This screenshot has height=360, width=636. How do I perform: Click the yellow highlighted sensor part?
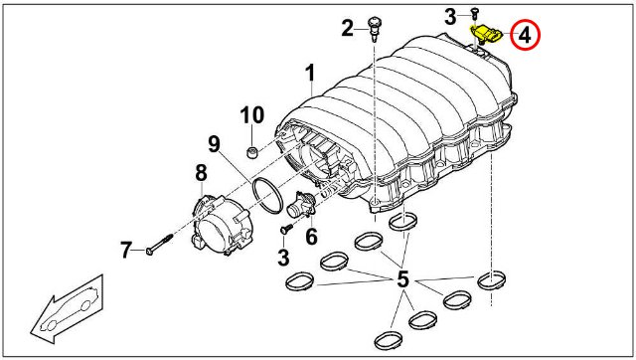pyautogui.click(x=486, y=34)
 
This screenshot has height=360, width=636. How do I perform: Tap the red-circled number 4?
pyautogui.click(x=525, y=36)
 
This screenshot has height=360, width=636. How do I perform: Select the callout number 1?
pyautogui.click(x=310, y=74)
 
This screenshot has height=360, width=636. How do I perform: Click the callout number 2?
pyautogui.click(x=347, y=29)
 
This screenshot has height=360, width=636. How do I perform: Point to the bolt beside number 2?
pyautogui.click(x=373, y=28)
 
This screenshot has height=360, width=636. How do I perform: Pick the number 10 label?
pyautogui.click(x=252, y=114)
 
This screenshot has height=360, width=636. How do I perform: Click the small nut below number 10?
pyautogui.click(x=252, y=153)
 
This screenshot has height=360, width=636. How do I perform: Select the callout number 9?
pyautogui.click(x=214, y=144)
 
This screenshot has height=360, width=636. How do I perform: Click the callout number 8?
pyautogui.click(x=201, y=173)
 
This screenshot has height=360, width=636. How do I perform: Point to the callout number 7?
pyautogui.click(x=126, y=250)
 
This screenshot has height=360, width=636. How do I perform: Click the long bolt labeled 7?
pyautogui.click(x=159, y=245)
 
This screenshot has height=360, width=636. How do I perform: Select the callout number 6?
pyautogui.click(x=311, y=237)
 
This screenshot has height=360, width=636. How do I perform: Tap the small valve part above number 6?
pyautogui.click(x=301, y=206)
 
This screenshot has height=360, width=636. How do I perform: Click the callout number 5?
pyautogui.click(x=402, y=278)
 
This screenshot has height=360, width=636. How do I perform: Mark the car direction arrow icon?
pyautogui.click(x=68, y=309)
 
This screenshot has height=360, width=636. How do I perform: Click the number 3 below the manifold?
pyautogui.click(x=283, y=258)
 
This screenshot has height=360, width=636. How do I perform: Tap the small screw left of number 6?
pyautogui.click(x=287, y=229)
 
